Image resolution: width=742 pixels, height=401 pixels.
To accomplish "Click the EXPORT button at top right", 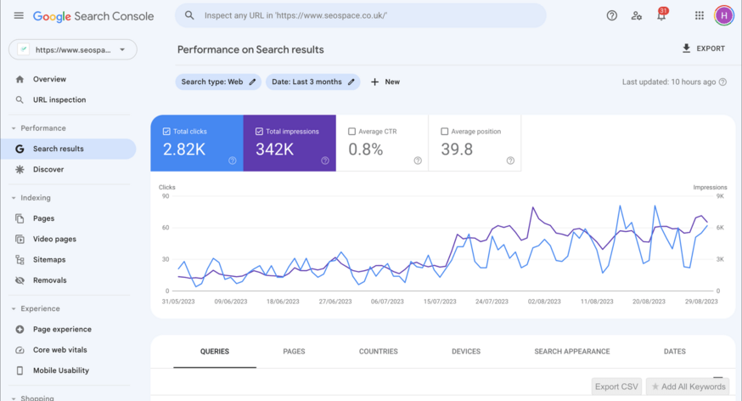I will pos(704,48).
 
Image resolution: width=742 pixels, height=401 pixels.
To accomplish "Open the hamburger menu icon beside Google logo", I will pos(19,15).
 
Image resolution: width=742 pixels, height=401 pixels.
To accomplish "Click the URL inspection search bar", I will pos(361,15).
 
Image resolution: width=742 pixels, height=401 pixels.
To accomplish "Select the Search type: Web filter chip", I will pos(218,82).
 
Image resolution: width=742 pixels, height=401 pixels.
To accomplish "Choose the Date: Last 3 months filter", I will pos(312,82).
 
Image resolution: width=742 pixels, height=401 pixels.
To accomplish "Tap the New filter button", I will pos(385,82).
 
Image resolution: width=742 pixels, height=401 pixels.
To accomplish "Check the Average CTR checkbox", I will pos(352,132).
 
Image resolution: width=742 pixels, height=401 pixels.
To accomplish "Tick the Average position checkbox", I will pos(445,132).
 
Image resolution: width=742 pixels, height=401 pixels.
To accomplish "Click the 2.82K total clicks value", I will pos(183,150).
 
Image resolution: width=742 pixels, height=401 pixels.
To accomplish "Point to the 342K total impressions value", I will pos(275,150).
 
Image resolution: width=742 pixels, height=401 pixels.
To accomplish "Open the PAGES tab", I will pos(294,351).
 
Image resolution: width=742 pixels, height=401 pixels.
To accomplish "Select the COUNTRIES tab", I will pos(378,351).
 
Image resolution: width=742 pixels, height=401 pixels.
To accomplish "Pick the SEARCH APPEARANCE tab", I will pos(571,351).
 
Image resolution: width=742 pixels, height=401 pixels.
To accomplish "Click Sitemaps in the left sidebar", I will pos(49,259).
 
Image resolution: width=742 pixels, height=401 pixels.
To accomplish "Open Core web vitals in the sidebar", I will pos(59,349).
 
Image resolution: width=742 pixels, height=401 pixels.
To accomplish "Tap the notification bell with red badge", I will pos(661,15).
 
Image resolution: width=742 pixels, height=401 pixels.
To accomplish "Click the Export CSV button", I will pos(616,387).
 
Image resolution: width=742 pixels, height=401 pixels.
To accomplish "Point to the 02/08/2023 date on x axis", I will pos(543,301).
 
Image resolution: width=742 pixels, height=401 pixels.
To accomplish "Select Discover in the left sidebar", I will pos(48,169).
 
